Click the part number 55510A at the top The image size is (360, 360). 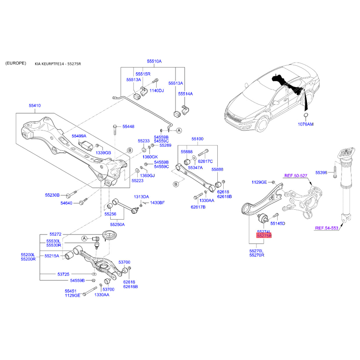click(x=154, y=61)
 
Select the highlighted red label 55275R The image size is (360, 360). click(x=264, y=235)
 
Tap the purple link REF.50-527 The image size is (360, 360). click(x=296, y=175)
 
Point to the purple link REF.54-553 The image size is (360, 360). click(x=326, y=228)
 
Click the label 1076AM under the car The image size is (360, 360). click(x=306, y=123)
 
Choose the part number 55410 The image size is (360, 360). click(x=35, y=105)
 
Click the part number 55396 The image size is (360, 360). click(x=321, y=172)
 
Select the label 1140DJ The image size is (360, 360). click(x=157, y=90)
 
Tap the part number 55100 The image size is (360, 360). click(x=198, y=139)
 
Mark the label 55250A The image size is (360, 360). click(x=118, y=224)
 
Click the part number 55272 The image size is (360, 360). click(x=55, y=234)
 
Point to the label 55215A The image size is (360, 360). click(x=52, y=256)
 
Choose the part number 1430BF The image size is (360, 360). click(x=157, y=203)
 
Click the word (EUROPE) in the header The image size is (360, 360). click(x=16, y=63)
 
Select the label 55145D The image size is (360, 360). click(x=278, y=223)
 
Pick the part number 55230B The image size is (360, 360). click(x=52, y=195)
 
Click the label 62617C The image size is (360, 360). click(x=205, y=161)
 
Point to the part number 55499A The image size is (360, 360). click(x=79, y=135)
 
